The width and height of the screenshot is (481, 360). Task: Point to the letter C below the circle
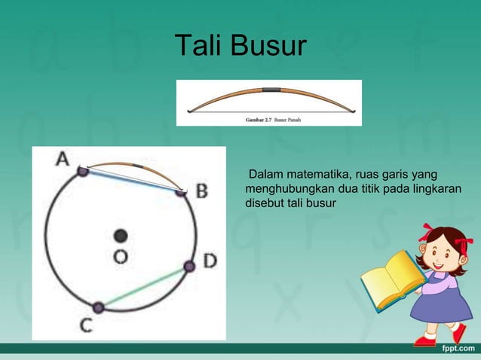(86, 325)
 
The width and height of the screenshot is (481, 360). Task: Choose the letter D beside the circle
(209, 261)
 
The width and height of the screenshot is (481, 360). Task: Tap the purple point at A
(83, 172)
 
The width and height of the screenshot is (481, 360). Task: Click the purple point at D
(189, 266)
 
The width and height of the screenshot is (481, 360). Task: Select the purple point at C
(98, 307)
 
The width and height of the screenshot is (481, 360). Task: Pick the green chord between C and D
(143, 286)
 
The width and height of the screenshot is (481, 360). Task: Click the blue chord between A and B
(132, 181)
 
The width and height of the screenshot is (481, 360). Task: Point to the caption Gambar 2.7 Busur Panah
(272, 119)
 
